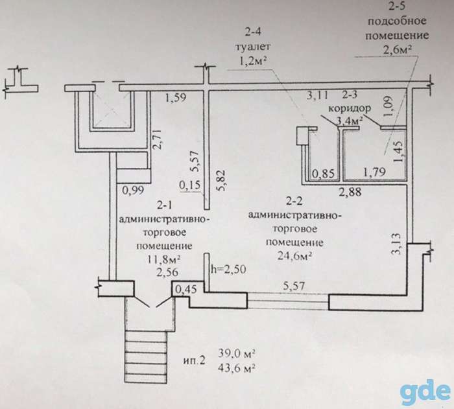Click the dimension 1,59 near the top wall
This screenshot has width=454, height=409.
[x=176, y=97]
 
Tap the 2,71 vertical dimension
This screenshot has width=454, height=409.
[x=158, y=140]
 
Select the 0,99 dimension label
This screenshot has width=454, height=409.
[x=133, y=190]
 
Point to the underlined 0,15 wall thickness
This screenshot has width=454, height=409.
[x=190, y=184]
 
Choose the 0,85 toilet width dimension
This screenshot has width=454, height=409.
[x=324, y=174]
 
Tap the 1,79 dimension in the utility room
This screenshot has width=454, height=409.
[x=374, y=172]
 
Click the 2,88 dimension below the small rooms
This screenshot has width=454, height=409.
[x=350, y=192]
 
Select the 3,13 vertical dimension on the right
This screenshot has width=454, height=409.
[x=396, y=244]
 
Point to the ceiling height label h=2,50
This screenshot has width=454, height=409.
[x=229, y=269]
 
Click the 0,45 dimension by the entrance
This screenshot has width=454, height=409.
[x=187, y=288]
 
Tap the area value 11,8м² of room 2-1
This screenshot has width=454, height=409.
[x=164, y=259]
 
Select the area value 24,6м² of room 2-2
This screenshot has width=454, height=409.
[x=294, y=255]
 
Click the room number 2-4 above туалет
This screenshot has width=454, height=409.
[x=253, y=31]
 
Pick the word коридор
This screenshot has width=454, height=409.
[x=350, y=108]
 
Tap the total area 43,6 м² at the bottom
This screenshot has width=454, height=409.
[x=237, y=368]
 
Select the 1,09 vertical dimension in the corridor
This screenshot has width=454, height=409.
[x=388, y=106]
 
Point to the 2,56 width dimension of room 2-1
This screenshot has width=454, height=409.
[x=167, y=272]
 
